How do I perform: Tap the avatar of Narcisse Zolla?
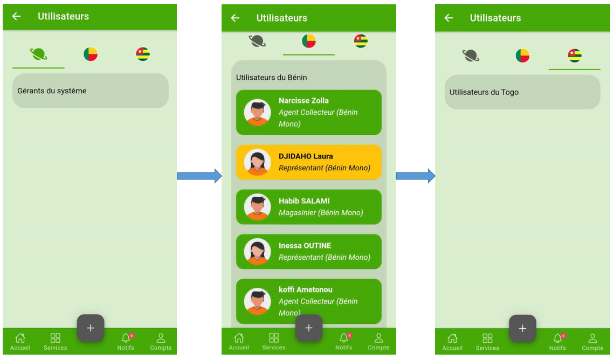click(x=257, y=112)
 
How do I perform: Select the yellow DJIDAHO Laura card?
click(x=308, y=162)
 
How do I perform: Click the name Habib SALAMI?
click(x=304, y=201)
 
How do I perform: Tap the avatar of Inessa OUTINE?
click(x=257, y=252)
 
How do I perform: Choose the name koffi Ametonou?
click(x=306, y=290)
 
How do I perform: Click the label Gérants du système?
click(x=52, y=91)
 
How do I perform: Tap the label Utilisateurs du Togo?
click(x=484, y=92)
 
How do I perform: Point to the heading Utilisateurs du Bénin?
click(x=272, y=78)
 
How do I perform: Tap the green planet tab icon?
click(x=38, y=54)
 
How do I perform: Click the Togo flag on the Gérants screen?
click(x=143, y=54)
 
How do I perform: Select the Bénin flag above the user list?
click(x=309, y=41)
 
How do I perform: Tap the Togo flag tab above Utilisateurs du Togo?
click(x=575, y=56)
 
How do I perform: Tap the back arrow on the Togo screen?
click(x=449, y=18)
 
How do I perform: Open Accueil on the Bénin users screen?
click(x=239, y=341)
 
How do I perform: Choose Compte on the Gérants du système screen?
click(x=161, y=341)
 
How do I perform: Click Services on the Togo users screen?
click(x=487, y=341)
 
